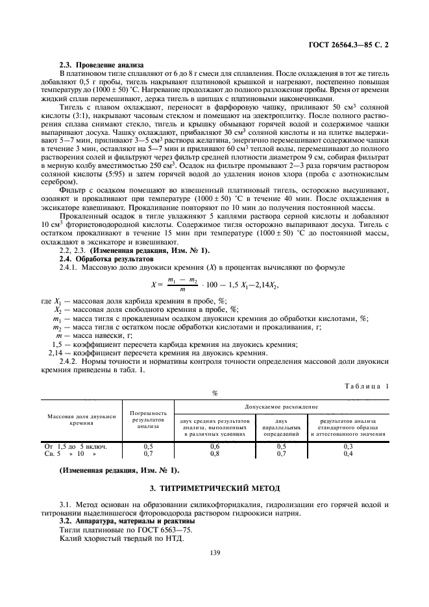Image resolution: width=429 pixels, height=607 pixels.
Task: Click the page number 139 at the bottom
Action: pos(215,553)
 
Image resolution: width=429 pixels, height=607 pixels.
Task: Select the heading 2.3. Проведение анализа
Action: pos(106,65)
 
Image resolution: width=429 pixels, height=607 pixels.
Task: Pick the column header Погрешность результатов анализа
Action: pos(149,419)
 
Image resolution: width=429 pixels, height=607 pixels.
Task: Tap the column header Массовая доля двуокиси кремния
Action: pos(82,419)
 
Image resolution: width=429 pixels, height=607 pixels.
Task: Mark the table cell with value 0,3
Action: pos(347,447)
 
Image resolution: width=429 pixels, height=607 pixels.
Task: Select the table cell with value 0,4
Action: pos(347,454)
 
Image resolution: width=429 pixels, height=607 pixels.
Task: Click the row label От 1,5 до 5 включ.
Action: pos(75,447)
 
